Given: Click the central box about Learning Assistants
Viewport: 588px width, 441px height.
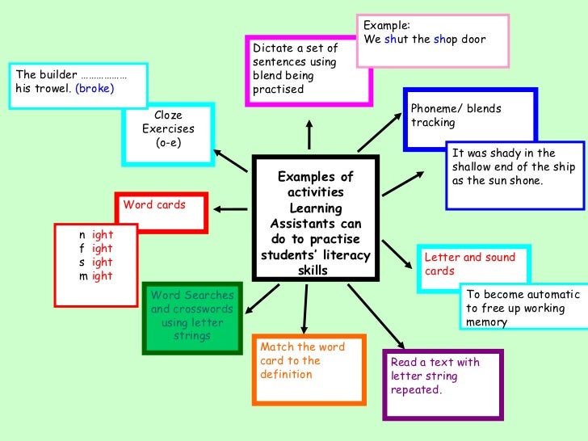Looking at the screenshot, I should click(x=316, y=219).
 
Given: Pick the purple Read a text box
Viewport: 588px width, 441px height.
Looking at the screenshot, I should click(x=443, y=383).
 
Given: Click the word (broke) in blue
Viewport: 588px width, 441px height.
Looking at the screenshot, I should click(x=94, y=89).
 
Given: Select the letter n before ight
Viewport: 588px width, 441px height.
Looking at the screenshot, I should click(x=82, y=235).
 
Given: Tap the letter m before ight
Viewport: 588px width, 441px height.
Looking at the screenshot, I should click(x=82, y=276).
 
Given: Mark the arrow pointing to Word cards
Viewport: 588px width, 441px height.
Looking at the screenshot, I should click(x=231, y=209).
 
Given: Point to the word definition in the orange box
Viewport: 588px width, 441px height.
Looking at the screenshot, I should click(x=287, y=375).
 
